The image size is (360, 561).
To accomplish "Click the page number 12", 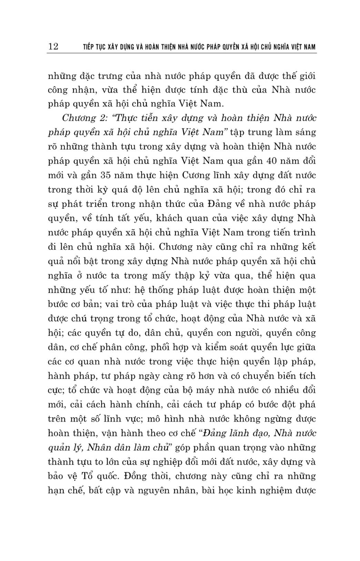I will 53,46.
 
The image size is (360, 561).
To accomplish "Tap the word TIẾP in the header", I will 89,47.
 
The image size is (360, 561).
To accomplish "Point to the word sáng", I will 306,132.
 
